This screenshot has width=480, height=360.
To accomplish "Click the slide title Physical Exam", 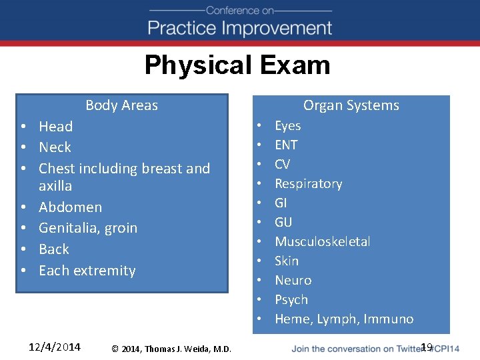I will (237, 65).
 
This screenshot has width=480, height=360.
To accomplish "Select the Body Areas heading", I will (121, 105).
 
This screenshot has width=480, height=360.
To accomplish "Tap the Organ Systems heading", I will (351, 105).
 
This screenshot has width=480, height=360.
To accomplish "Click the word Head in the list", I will (55, 127).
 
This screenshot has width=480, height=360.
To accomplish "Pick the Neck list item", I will (55, 147).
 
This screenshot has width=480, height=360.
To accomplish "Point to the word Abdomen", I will (70, 207).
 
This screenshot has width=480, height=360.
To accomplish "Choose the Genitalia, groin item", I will (87, 228).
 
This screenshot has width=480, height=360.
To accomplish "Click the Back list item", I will (53, 249).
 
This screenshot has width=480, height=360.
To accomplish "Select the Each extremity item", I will (87, 271).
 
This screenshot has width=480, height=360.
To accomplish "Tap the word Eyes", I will (287, 126).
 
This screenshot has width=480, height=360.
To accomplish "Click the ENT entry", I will (286, 145).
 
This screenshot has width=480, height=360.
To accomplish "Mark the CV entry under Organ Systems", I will (282, 165).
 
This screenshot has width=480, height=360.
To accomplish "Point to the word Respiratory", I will (308, 184).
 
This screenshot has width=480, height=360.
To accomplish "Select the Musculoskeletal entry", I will (323, 242).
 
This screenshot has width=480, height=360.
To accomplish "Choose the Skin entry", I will (287, 261).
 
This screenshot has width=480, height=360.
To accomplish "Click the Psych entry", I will (291, 300).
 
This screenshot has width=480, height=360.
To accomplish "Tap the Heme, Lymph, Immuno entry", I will (344, 319).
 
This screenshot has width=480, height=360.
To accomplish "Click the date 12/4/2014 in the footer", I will (55, 347).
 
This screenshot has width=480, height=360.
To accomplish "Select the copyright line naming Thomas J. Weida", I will (171, 349).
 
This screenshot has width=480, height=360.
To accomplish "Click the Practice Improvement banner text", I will (240, 28).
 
